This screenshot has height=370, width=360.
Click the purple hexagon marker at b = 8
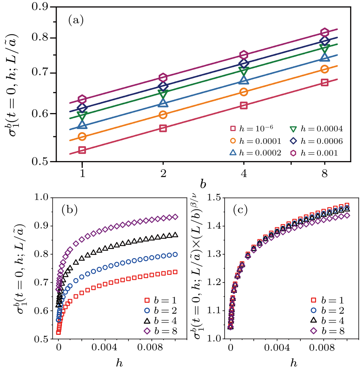pos(324,32)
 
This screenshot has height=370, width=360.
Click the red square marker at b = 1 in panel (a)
pos(82,150)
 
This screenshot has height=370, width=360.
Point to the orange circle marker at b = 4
pos(244,92)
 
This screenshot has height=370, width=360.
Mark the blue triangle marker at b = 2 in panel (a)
pos(163,103)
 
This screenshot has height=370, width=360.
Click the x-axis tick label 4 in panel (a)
pos(244,173)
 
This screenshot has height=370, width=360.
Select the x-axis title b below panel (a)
pos(203,184)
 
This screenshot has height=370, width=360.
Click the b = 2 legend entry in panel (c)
pos(327,310)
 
